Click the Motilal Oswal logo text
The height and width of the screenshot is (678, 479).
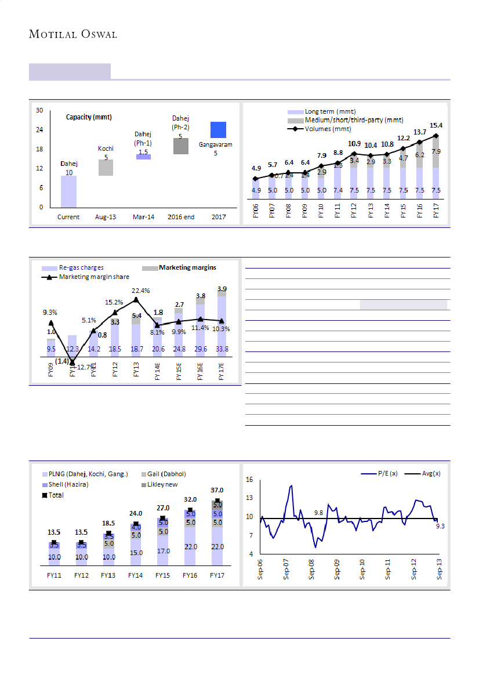(73, 34)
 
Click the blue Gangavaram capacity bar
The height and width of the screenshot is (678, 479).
(218, 130)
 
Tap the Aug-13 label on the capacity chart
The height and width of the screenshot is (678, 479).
(106, 217)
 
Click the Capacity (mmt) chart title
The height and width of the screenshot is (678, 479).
(88, 117)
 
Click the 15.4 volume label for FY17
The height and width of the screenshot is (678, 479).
(436, 125)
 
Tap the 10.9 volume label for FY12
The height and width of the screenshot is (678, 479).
(354, 143)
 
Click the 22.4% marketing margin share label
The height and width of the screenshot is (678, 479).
(142, 291)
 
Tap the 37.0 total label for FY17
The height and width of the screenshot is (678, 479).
(217, 490)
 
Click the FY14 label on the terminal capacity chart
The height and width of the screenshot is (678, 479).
(135, 575)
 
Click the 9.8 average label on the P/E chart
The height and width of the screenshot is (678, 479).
(318, 513)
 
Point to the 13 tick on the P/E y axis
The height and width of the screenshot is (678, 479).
(249, 498)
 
